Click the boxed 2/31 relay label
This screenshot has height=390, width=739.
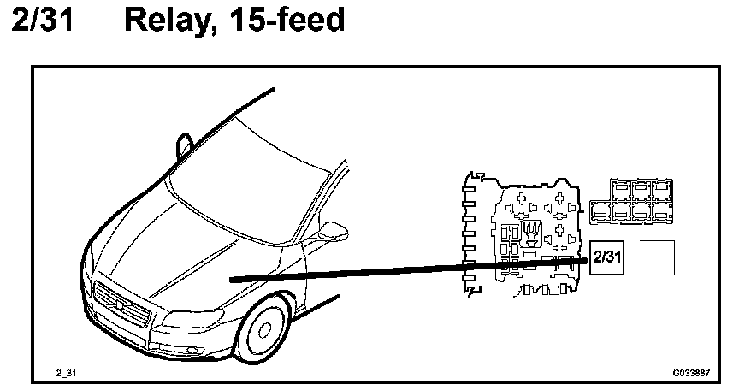pyautogui.click(x=606, y=257)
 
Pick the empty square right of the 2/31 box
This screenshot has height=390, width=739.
pyautogui.click(x=658, y=257)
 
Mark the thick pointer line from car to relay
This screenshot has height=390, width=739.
pyautogui.click(x=411, y=270)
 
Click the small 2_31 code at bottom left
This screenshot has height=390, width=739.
pyautogui.click(x=66, y=374)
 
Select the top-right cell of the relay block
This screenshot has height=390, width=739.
pyautogui.click(x=660, y=189)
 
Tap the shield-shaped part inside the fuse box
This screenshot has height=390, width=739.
pyautogui.click(x=530, y=229)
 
